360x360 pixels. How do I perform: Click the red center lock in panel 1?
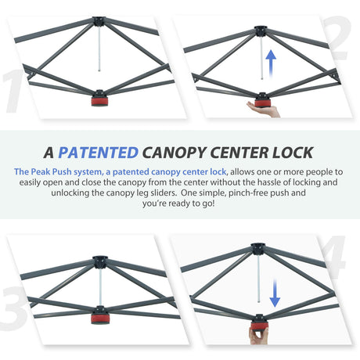pos(101,99)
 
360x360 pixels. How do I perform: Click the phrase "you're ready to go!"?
pos(180,203)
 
